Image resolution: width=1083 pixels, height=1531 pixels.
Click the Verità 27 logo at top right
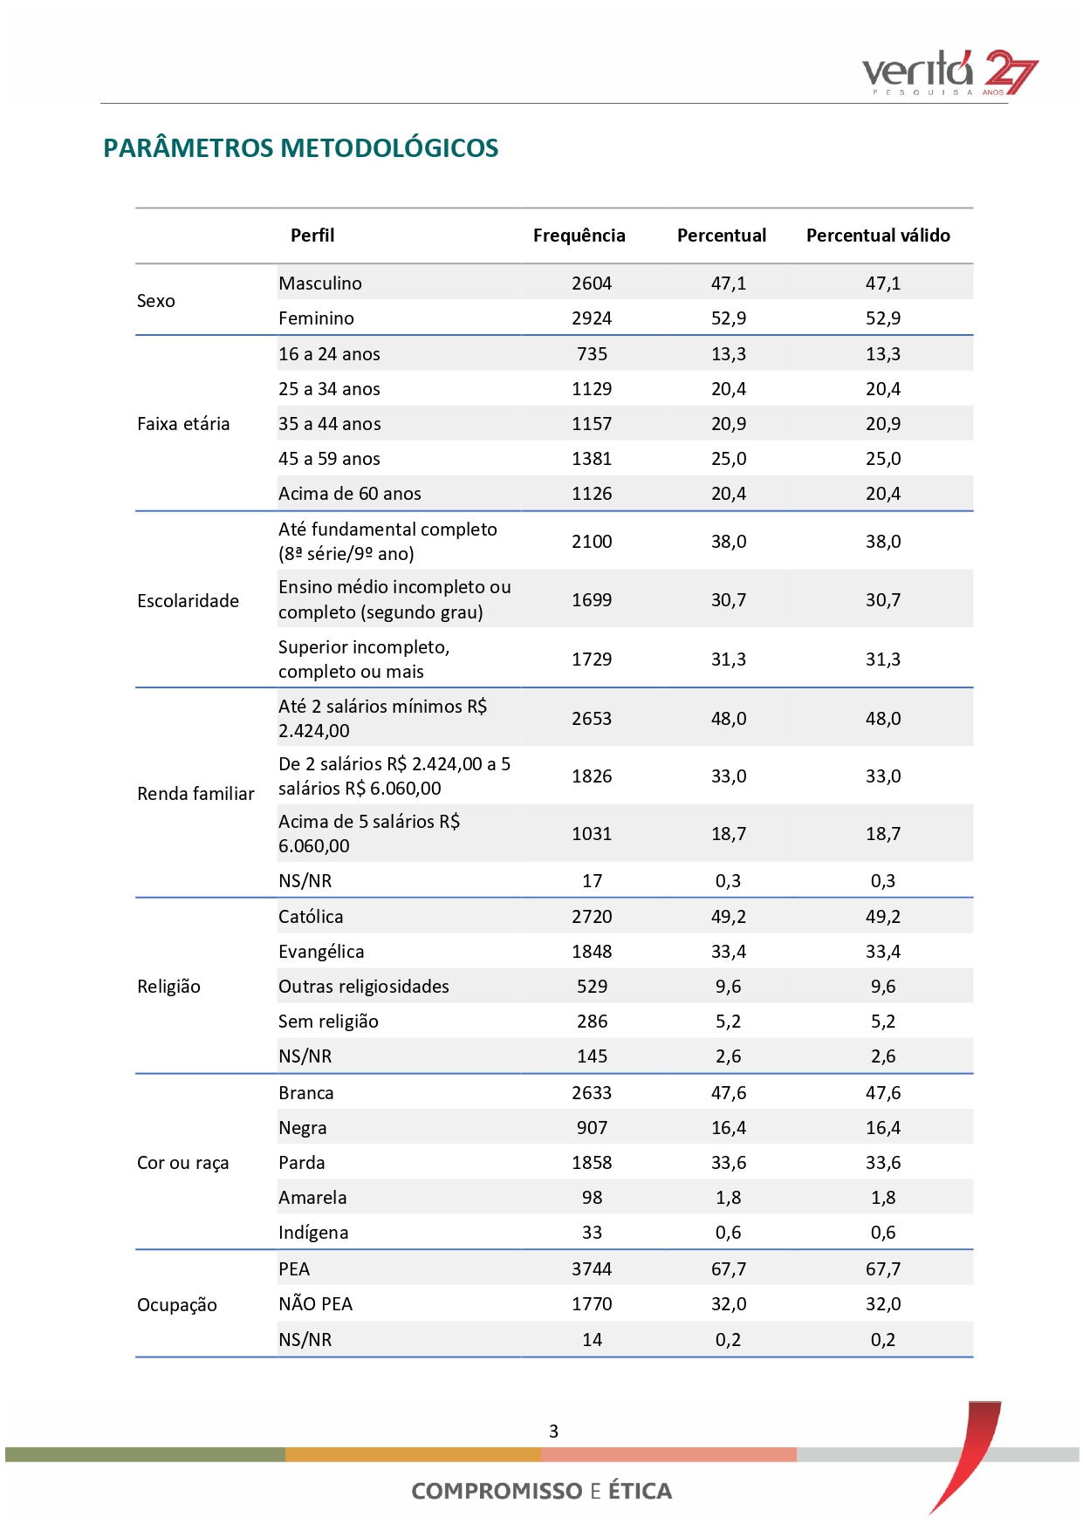(949, 72)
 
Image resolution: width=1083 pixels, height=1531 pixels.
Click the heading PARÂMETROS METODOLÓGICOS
(301, 148)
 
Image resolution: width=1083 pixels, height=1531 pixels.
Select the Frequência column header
(579, 236)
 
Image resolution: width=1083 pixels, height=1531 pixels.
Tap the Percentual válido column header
(878, 236)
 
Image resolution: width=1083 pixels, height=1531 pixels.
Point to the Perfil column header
(312, 236)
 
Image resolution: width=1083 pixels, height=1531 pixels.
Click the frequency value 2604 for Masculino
(592, 284)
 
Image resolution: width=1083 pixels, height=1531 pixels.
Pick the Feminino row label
(316, 318)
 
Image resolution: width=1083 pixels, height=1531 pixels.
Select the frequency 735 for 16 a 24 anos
(592, 354)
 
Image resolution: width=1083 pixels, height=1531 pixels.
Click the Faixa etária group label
(183, 424)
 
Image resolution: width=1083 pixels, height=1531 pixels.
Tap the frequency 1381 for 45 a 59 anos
(592, 459)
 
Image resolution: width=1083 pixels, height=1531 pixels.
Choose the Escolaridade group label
(188, 601)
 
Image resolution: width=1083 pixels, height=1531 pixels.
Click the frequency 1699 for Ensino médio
(592, 600)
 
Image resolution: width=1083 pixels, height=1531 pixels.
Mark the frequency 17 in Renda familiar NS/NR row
(592, 881)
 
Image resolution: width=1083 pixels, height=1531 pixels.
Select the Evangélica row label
(321, 952)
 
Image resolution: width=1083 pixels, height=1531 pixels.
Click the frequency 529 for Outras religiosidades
(592, 987)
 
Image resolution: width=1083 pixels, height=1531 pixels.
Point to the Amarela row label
(312, 1198)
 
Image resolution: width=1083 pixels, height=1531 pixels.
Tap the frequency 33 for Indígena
(592, 1233)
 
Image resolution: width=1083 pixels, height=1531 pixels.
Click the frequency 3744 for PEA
(592, 1269)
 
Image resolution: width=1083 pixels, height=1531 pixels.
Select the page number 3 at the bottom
(553, 1432)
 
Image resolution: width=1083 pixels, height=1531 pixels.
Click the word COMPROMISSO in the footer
(497, 1491)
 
